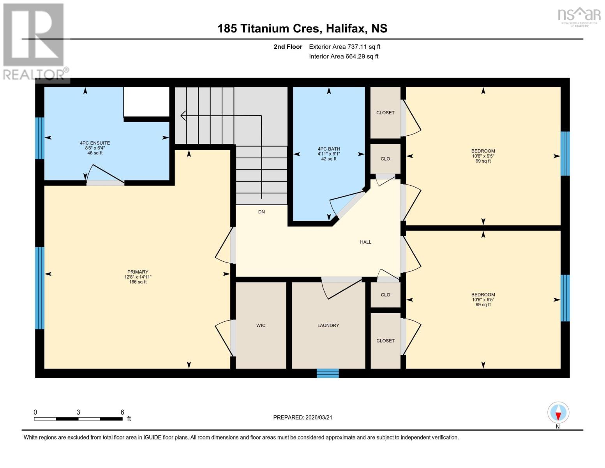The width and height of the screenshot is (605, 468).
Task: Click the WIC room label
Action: [261, 325]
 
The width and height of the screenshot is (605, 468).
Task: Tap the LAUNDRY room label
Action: [328, 325]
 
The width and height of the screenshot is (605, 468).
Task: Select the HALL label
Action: [365, 242]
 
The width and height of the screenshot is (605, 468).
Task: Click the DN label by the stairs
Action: [261, 212]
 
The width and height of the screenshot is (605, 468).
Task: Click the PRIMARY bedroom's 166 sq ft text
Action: [138, 282]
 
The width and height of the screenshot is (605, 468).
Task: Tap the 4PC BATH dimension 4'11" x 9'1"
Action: [329, 154]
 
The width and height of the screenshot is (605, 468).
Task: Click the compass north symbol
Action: [558, 413]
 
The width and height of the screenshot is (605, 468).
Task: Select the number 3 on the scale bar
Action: [78, 412]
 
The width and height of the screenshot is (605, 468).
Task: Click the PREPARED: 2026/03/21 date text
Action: [303, 417]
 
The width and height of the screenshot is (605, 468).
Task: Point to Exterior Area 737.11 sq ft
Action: [344, 47]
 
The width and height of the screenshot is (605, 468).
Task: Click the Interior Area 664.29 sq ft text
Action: [344, 57]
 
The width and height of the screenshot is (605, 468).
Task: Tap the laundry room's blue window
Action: [328, 373]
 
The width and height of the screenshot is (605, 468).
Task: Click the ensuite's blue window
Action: [39, 138]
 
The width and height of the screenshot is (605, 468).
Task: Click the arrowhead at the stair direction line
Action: [182, 115]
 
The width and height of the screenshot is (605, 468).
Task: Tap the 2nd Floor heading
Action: [288, 47]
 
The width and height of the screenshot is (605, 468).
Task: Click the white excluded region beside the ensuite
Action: [146, 101]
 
